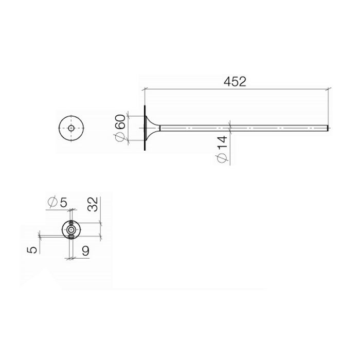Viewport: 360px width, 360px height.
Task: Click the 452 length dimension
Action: [x=236, y=81]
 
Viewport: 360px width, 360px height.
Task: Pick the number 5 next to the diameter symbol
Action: [x=63, y=202]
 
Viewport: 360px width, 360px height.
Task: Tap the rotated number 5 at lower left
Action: [x=32, y=249]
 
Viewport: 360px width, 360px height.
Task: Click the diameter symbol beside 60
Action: [x=120, y=136]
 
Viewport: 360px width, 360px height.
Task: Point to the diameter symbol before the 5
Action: [x=52, y=202]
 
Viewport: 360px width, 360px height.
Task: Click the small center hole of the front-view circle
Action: [x=70, y=127]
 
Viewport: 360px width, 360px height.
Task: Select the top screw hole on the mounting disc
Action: [x=70, y=223]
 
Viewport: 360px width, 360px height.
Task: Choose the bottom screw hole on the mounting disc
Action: [x=70, y=236]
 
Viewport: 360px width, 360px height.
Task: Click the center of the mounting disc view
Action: [x=70, y=229]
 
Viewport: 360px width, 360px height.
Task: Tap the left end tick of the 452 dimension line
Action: [x=144, y=89]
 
